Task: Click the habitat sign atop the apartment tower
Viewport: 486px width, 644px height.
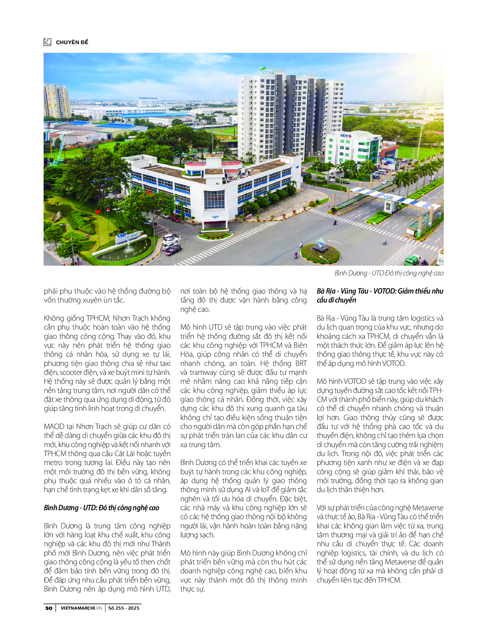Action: click(267, 71)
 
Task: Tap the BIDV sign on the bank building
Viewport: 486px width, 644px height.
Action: click(344, 135)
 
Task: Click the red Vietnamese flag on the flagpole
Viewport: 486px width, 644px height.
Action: click(98, 212)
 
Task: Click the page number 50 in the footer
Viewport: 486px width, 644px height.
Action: click(49, 608)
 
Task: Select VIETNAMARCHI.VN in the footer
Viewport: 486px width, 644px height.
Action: click(81, 608)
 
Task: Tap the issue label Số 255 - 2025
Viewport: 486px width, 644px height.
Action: click(124, 608)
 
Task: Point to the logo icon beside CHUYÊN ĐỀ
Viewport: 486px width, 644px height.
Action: click(47, 42)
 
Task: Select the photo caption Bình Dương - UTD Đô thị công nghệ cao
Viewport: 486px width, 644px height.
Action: click(389, 273)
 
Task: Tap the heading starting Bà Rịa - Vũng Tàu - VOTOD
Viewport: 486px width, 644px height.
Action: click(380, 295)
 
